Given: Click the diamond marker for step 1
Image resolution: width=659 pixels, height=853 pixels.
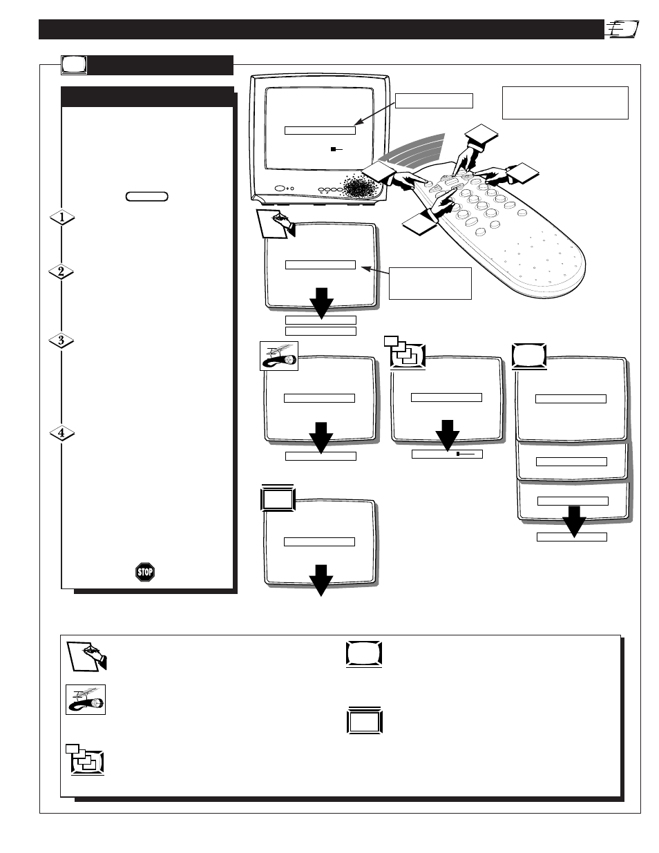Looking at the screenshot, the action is point(62,217).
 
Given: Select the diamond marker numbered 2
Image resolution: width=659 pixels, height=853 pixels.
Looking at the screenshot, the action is point(61,271).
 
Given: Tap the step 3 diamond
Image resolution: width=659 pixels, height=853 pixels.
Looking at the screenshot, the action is point(61,340).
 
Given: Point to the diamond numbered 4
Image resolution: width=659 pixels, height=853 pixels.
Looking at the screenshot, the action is point(62,433).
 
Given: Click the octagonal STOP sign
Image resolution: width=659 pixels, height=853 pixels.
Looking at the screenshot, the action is point(145,572).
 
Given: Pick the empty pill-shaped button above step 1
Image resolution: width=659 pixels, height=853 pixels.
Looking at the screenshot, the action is point(147,196).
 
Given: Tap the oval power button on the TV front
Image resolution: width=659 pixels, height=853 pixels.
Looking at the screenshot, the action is point(280,189).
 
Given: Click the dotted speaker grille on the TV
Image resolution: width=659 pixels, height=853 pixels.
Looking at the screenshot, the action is point(361,186).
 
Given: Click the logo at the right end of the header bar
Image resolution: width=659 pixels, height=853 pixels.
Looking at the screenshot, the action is point(623,29).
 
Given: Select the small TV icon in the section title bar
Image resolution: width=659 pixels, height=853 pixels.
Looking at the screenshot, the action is point(74,65).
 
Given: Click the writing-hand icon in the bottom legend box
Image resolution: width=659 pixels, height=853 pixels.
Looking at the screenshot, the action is point(86,657).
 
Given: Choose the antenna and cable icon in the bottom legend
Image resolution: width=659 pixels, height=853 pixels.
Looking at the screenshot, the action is point(86,700).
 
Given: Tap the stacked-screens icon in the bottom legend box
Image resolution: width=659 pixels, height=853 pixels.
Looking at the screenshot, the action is point(85,760).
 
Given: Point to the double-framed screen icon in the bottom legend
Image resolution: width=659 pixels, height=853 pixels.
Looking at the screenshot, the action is point(365,720).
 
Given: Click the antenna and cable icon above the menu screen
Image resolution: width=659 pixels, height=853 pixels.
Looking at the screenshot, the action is point(279,356).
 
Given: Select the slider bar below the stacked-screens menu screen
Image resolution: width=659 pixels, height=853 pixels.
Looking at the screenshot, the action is point(447,454).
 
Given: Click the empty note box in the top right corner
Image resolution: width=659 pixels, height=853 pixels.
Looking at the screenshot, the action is point(565,103).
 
